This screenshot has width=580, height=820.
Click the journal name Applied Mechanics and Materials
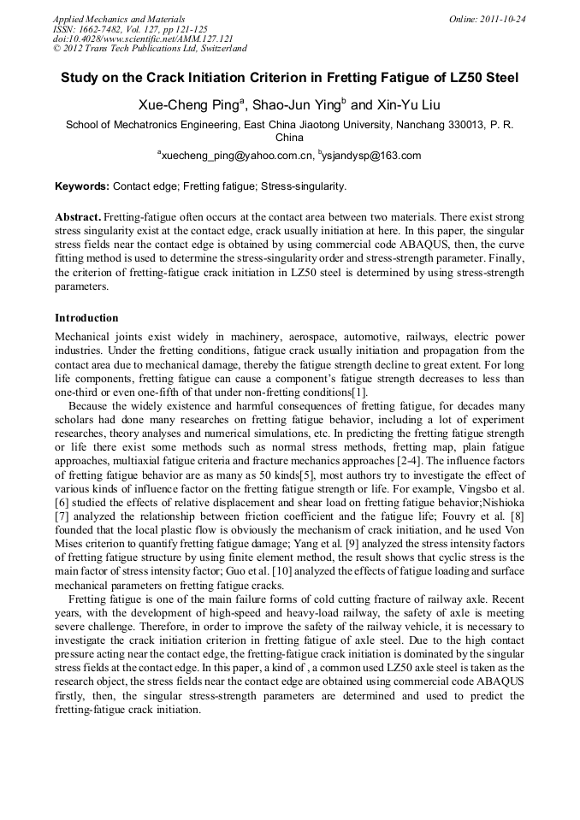[118, 18]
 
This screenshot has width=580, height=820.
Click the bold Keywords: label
[82, 186]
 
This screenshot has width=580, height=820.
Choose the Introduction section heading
[86, 318]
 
